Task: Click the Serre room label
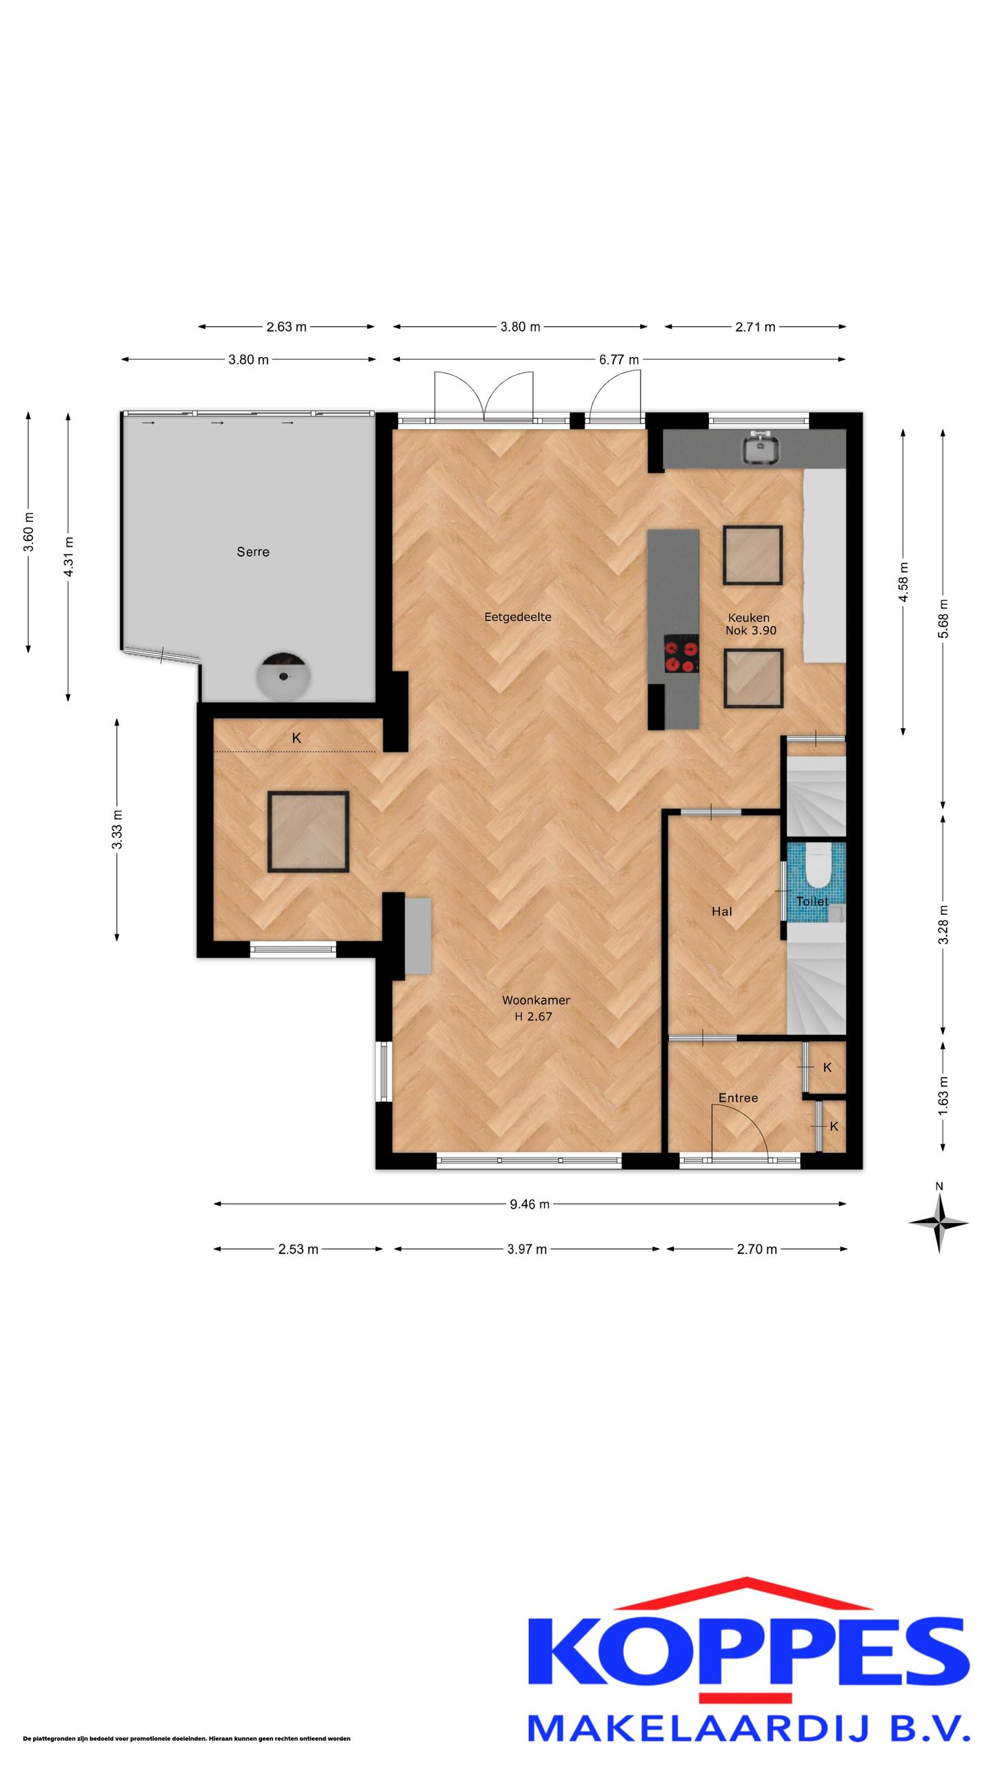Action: pos(253,552)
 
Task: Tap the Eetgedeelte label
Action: pos(518,617)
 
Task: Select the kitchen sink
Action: pos(761,447)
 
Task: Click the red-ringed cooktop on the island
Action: pos(681,654)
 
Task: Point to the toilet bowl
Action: pos(819,867)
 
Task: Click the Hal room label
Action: pos(722,911)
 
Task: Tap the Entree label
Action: pos(738,1098)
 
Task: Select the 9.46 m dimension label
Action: pos(530,1204)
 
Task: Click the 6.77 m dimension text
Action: pos(619,359)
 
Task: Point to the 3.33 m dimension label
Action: pos(117,829)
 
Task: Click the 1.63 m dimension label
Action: pos(943,1096)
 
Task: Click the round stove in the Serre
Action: pos(283,676)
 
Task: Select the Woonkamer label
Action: pos(536,1000)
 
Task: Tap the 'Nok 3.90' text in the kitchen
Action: pos(751,630)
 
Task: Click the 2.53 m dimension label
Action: pos(298,1249)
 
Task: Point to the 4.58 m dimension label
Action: pos(903,581)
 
